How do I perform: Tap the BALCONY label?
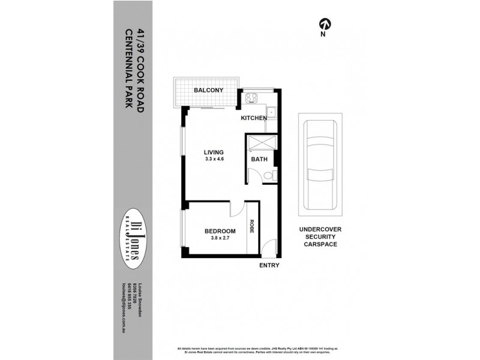pyautogui.click(x=208, y=91)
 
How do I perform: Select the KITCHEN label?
pyautogui.click(x=254, y=118)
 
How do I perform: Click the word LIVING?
pyautogui.click(x=214, y=152)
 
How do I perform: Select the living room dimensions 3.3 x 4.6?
pyautogui.click(x=214, y=160)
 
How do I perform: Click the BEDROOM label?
pyautogui.click(x=220, y=231)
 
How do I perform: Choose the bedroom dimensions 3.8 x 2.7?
pyautogui.click(x=220, y=239)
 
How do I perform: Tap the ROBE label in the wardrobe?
pyautogui.click(x=253, y=227)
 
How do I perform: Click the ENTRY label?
pyautogui.click(x=269, y=265)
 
